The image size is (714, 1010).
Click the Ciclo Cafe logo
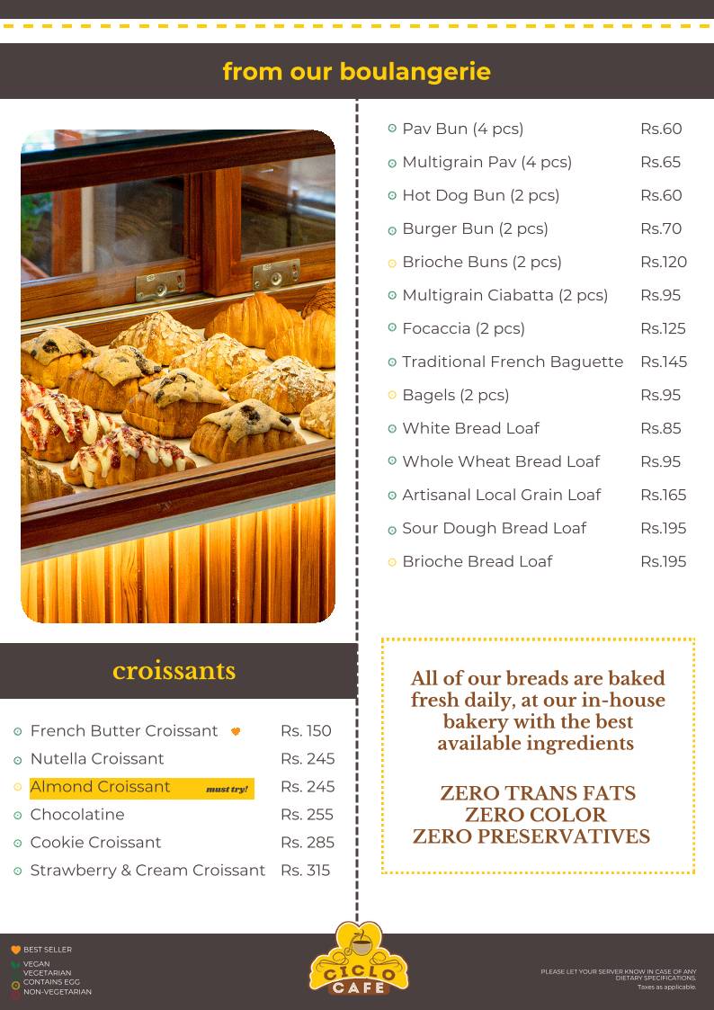coord(358,960)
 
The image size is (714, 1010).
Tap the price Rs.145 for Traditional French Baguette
coord(663,362)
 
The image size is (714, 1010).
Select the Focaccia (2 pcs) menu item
coord(463,328)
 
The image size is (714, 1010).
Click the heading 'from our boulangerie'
coord(357,71)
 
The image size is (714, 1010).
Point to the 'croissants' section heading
coord(174,671)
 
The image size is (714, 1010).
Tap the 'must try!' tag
coord(227,789)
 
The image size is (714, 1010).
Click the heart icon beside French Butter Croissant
coord(236,731)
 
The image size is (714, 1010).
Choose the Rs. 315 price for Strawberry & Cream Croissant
coord(305,870)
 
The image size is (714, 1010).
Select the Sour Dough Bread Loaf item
coord(494,528)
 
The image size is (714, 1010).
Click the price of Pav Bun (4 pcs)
coord(661,129)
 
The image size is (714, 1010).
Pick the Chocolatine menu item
coord(77,814)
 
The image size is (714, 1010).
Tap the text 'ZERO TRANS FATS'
coord(537,793)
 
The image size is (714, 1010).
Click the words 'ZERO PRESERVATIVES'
coord(531,836)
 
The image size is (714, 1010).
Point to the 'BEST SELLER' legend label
coord(48,950)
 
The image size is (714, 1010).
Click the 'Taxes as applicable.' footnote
coord(666,987)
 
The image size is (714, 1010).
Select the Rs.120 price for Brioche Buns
coord(663,262)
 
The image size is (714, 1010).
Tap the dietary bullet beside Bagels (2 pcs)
coord(392,395)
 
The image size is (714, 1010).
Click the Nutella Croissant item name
coord(97,758)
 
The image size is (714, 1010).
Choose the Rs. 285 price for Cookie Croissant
coord(307,842)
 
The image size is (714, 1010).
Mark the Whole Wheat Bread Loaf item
coord(500,461)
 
